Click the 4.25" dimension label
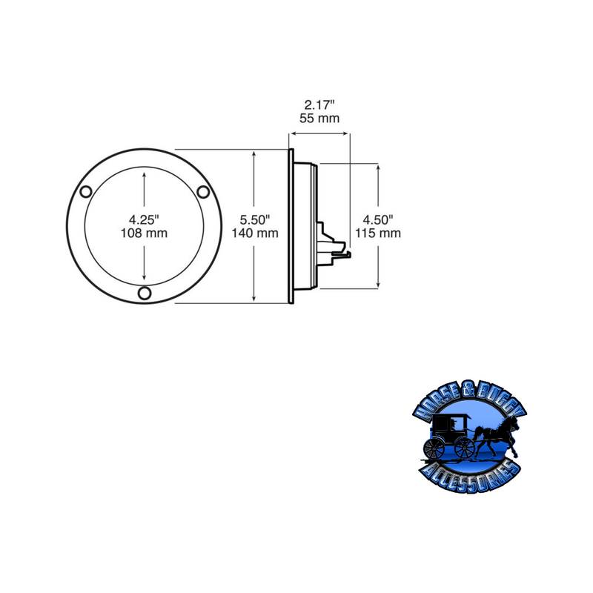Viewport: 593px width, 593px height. coord(144,219)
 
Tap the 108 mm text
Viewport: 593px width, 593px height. coord(144,233)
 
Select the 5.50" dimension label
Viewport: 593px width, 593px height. coord(254,219)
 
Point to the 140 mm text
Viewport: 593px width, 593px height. coord(254,233)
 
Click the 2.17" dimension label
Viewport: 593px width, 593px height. coord(319,105)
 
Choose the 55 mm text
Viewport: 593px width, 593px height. coord(319,118)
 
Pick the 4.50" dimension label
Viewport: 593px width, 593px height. coord(377,219)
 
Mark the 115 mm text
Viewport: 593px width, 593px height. coord(377,233)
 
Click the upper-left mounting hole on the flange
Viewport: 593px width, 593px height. coord(86,193)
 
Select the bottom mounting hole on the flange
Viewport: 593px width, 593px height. coord(145,294)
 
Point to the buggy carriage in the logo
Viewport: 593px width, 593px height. coord(449,434)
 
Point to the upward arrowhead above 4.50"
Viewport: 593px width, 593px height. coord(379,168)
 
